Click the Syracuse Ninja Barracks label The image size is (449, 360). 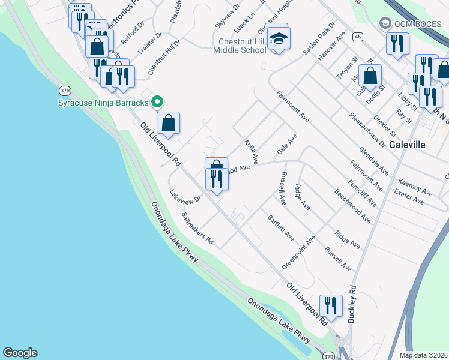pyautogui.click(x=103, y=103)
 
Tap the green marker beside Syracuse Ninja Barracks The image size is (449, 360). pyautogui.click(x=157, y=102)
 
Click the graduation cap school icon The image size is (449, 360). pyautogui.click(x=277, y=38)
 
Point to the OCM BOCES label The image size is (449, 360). pyautogui.click(x=415, y=23)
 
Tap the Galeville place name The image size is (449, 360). pyautogui.click(x=407, y=145)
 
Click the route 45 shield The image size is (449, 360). pyautogui.click(x=358, y=37)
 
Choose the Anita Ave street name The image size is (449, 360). pyautogui.click(x=251, y=152)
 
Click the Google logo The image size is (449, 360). pyautogui.click(x=20, y=353)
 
